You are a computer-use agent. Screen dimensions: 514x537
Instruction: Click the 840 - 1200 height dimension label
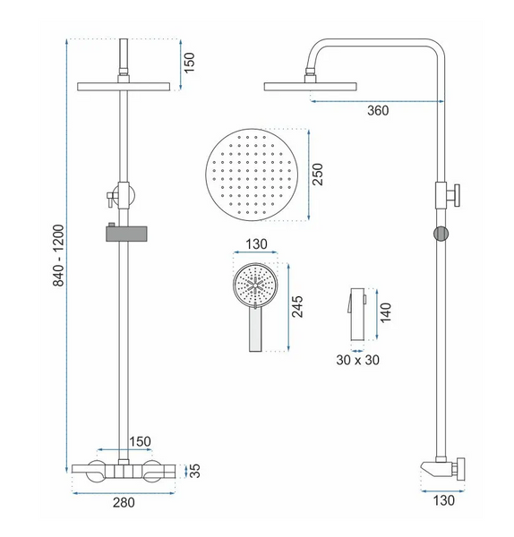pyautogui.click(x=58, y=255)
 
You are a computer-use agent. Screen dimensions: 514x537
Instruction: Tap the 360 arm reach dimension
pyautogui.click(x=378, y=111)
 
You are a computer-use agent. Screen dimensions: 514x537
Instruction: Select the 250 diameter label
pyautogui.click(x=317, y=175)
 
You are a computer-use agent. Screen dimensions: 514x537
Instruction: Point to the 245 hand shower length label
pyautogui.click(x=296, y=306)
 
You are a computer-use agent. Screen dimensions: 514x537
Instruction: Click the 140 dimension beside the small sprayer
pyautogui.click(x=385, y=312)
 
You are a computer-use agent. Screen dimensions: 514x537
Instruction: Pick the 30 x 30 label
pyautogui.click(x=358, y=360)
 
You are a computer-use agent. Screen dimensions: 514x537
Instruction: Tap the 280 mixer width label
pyautogui.click(x=124, y=502)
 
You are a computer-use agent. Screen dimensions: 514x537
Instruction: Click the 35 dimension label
pyautogui.click(x=194, y=471)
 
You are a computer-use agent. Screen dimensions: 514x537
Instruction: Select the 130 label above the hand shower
pyautogui.click(x=256, y=244)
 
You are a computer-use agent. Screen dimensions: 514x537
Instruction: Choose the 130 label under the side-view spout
pyautogui.click(x=444, y=500)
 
